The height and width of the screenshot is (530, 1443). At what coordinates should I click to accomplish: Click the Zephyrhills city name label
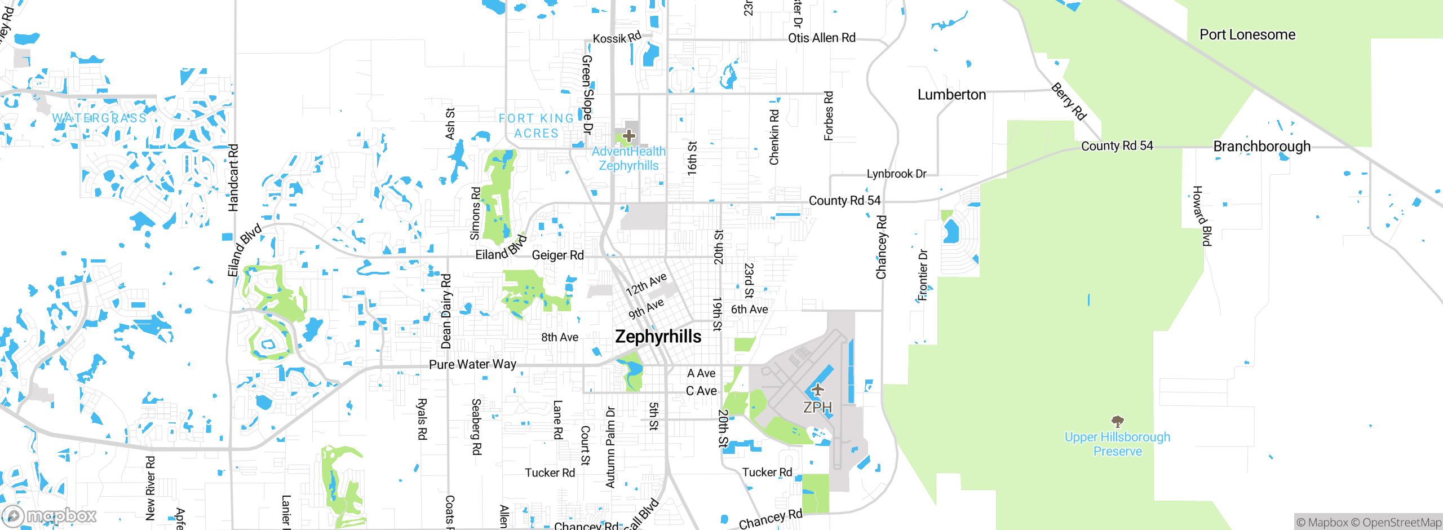point(658,337)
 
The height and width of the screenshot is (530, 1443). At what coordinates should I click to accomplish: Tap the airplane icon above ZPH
point(817,390)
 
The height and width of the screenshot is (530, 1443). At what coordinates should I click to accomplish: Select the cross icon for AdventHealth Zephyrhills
point(629,136)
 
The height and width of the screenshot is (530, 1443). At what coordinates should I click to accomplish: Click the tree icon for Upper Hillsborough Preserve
point(1117,421)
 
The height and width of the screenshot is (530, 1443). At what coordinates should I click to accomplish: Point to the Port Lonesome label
point(1247,35)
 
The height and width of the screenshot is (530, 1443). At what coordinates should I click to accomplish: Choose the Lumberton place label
point(951,95)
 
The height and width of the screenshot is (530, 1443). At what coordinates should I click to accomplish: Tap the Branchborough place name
point(1261,147)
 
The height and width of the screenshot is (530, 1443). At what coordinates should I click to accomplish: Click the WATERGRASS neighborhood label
point(99,118)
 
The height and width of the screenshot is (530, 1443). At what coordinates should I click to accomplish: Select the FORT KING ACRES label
point(536,126)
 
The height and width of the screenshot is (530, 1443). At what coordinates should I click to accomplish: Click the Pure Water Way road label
point(472,364)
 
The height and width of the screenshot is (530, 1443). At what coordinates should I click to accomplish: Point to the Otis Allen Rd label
point(821,38)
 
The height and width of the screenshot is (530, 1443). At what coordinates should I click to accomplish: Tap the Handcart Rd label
point(233,178)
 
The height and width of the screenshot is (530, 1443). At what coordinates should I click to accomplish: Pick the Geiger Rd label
point(557,255)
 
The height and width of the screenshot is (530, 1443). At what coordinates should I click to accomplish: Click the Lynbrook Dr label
point(896,174)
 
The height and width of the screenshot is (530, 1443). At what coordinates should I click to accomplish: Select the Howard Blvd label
point(1202,216)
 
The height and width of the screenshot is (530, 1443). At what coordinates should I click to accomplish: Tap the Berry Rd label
point(1069,101)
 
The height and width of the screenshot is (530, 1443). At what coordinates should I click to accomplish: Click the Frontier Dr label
point(923,275)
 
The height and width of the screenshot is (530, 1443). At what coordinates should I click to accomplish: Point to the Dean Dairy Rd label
point(446,311)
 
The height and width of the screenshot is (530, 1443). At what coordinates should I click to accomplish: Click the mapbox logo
point(50,515)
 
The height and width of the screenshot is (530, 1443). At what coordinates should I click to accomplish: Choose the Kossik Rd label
point(617,38)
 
